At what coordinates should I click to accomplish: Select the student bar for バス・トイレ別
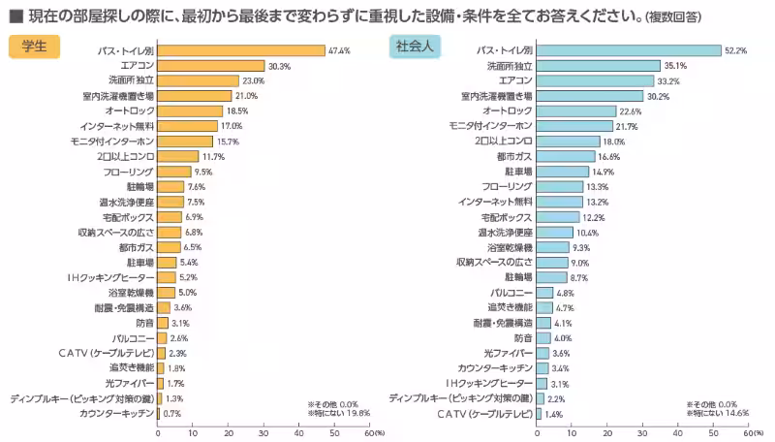point(240,50)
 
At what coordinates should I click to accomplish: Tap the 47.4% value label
point(339,50)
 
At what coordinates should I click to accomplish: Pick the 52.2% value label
point(735,50)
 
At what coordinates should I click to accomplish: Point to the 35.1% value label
point(675,66)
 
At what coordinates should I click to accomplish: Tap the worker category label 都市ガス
point(514,156)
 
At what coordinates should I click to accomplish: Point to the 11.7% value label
point(213,156)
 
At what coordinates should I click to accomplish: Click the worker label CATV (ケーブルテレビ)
point(485,414)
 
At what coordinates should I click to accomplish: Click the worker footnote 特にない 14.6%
point(718,412)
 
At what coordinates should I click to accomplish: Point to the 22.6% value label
point(630,111)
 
